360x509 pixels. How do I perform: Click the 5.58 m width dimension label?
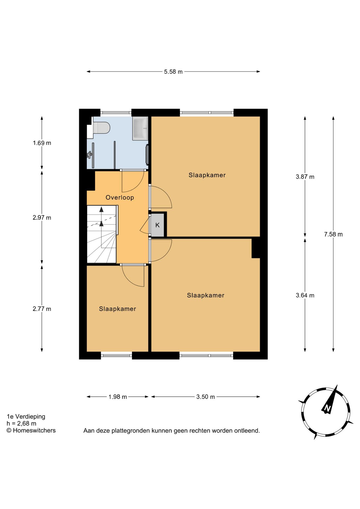click(173, 72)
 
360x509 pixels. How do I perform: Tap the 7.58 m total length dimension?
click(333, 234)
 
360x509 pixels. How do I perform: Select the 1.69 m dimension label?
click(42, 143)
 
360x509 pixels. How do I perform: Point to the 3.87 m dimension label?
click(305, 177)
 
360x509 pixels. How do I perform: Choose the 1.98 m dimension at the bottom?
click(118, 397)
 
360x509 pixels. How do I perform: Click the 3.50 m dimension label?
click(206, 397)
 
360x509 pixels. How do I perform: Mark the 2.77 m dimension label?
click(42, 309)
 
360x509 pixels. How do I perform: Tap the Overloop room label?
click(120, 198)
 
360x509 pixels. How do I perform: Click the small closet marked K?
click(157, 225)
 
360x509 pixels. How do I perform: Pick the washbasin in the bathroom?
click(140, 128)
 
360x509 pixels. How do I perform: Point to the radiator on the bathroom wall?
click(147, 155)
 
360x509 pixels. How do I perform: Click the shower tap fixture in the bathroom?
click(89, 155)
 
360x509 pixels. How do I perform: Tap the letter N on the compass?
click(327, 409)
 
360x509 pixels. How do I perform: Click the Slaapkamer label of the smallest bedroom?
click(117, 309)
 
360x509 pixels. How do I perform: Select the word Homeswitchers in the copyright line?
click(34, 430)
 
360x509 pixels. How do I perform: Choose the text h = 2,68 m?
click(21, 423)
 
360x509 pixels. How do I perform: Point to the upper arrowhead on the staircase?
click(102, 209)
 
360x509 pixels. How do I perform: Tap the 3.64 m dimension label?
click(305, 295)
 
